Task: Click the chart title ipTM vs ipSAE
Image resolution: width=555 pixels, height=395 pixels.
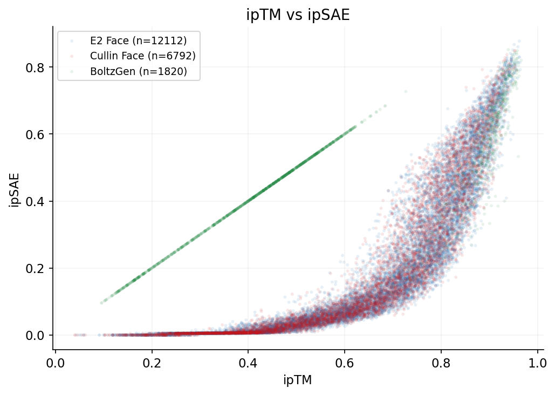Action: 298,15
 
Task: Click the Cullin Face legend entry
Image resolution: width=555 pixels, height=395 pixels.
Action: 142,56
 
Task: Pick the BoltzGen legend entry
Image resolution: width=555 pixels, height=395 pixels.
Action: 138,71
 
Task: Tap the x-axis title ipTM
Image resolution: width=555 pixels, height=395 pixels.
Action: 297,380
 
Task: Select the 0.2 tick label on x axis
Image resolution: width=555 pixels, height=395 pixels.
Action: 152,362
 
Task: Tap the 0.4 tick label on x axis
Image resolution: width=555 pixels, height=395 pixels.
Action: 248,362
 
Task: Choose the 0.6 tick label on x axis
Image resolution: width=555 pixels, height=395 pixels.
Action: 345,362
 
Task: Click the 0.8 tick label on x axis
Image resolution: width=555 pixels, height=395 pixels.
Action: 441,362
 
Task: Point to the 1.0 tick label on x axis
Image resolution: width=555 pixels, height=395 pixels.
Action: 538,362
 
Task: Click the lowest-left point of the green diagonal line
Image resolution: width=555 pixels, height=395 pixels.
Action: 101,303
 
